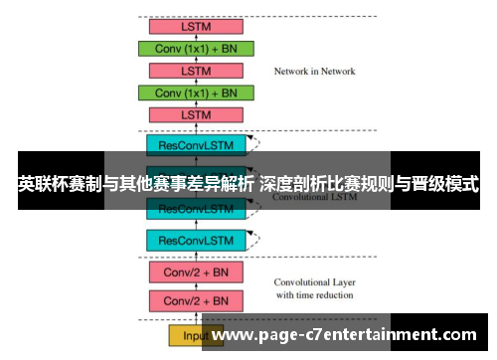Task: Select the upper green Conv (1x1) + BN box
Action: pyautogui.click(x=196, y=48)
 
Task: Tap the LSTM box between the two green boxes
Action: pyautogui.click(x=196, y=71)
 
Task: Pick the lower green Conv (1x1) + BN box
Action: pyautogui.click(x=196, y=92)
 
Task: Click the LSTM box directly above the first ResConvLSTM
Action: pyautogui.click(x=196, y=115)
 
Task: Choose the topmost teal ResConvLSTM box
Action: pyautogui.click(x=196, y=145)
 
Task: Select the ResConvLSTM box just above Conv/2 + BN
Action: pyautogui.click(x=196, y=240)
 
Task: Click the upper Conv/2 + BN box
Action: pyautogui.click(x=196, y=271)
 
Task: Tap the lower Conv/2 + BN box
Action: pyautogui.click(x=196, y=300)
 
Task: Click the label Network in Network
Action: pyautogui.click(x=314, y=72)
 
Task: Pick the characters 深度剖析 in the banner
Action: pyautogui.click(x=294, y=184)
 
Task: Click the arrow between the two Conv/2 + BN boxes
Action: pyautogui.click(x=196, y=286)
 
